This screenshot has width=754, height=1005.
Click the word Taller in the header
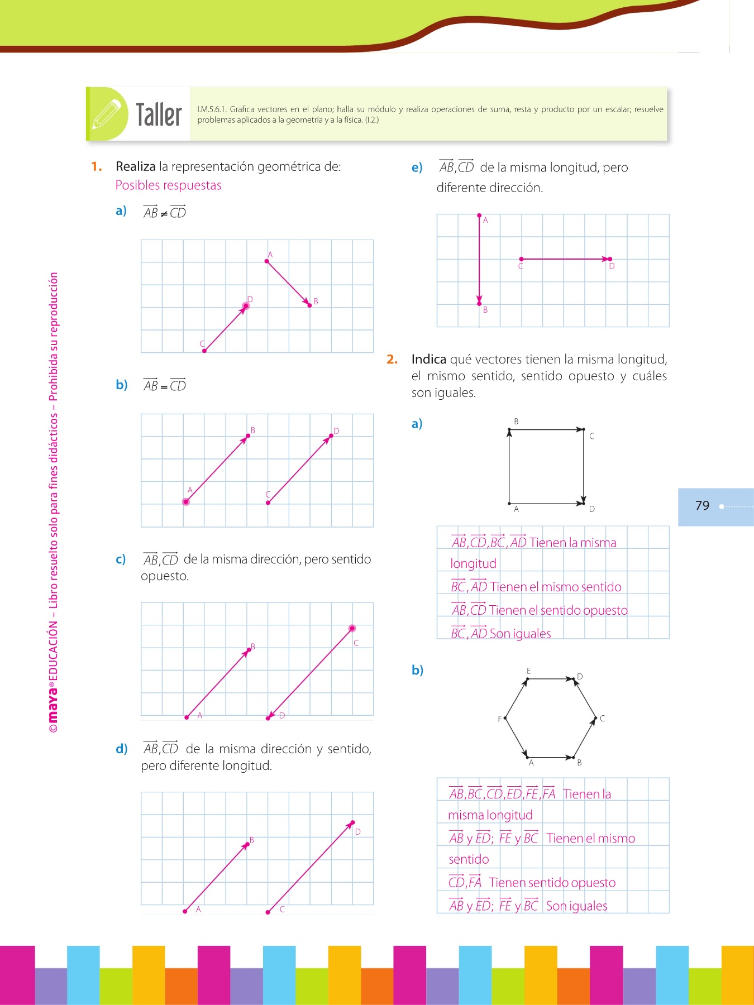tap(159, 115)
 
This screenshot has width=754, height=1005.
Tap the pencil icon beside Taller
tap(107, 114)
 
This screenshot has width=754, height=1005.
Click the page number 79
tap(702, 506)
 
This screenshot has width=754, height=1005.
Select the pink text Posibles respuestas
tap(168, 185)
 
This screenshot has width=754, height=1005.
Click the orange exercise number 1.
tap(97, 166)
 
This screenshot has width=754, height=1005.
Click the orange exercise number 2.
tap(392, 360)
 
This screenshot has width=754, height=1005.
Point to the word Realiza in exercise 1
tap(136, 166)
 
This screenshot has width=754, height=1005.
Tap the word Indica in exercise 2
tap(428, 360)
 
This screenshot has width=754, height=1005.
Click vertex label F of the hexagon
tap(500, 719)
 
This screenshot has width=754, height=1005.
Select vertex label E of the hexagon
tap(528, 671)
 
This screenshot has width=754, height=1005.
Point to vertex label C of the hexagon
tap(602, 719)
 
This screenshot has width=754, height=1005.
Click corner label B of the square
tap(516, 422)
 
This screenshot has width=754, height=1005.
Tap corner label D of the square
tap(591, 509)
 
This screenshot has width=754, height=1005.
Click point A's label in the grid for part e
tap(485, 221)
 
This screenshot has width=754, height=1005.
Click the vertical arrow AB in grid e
tap(479, 260)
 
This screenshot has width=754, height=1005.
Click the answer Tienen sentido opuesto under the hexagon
tap(552, 883)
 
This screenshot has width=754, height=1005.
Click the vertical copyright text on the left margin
tap(53, 502)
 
